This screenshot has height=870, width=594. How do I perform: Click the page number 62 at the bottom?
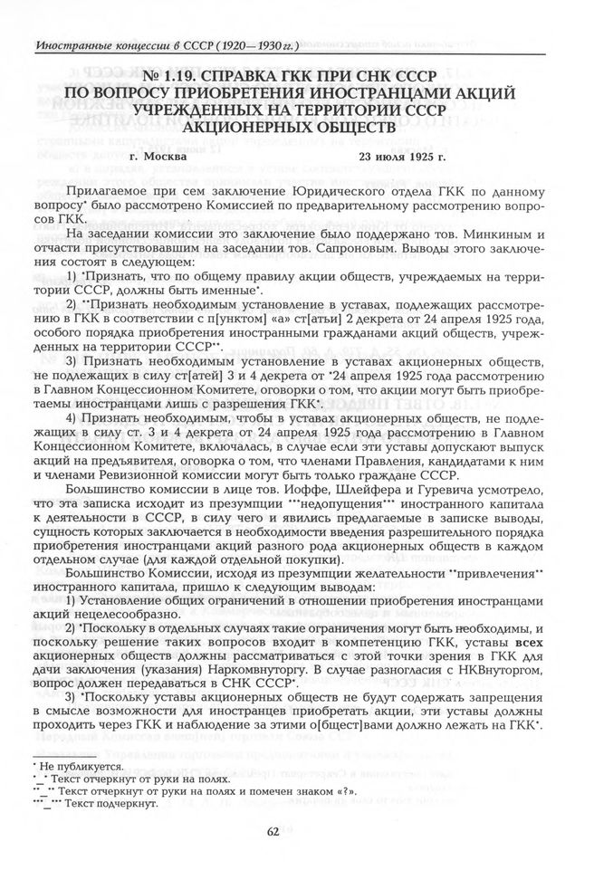tap(296, 833)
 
